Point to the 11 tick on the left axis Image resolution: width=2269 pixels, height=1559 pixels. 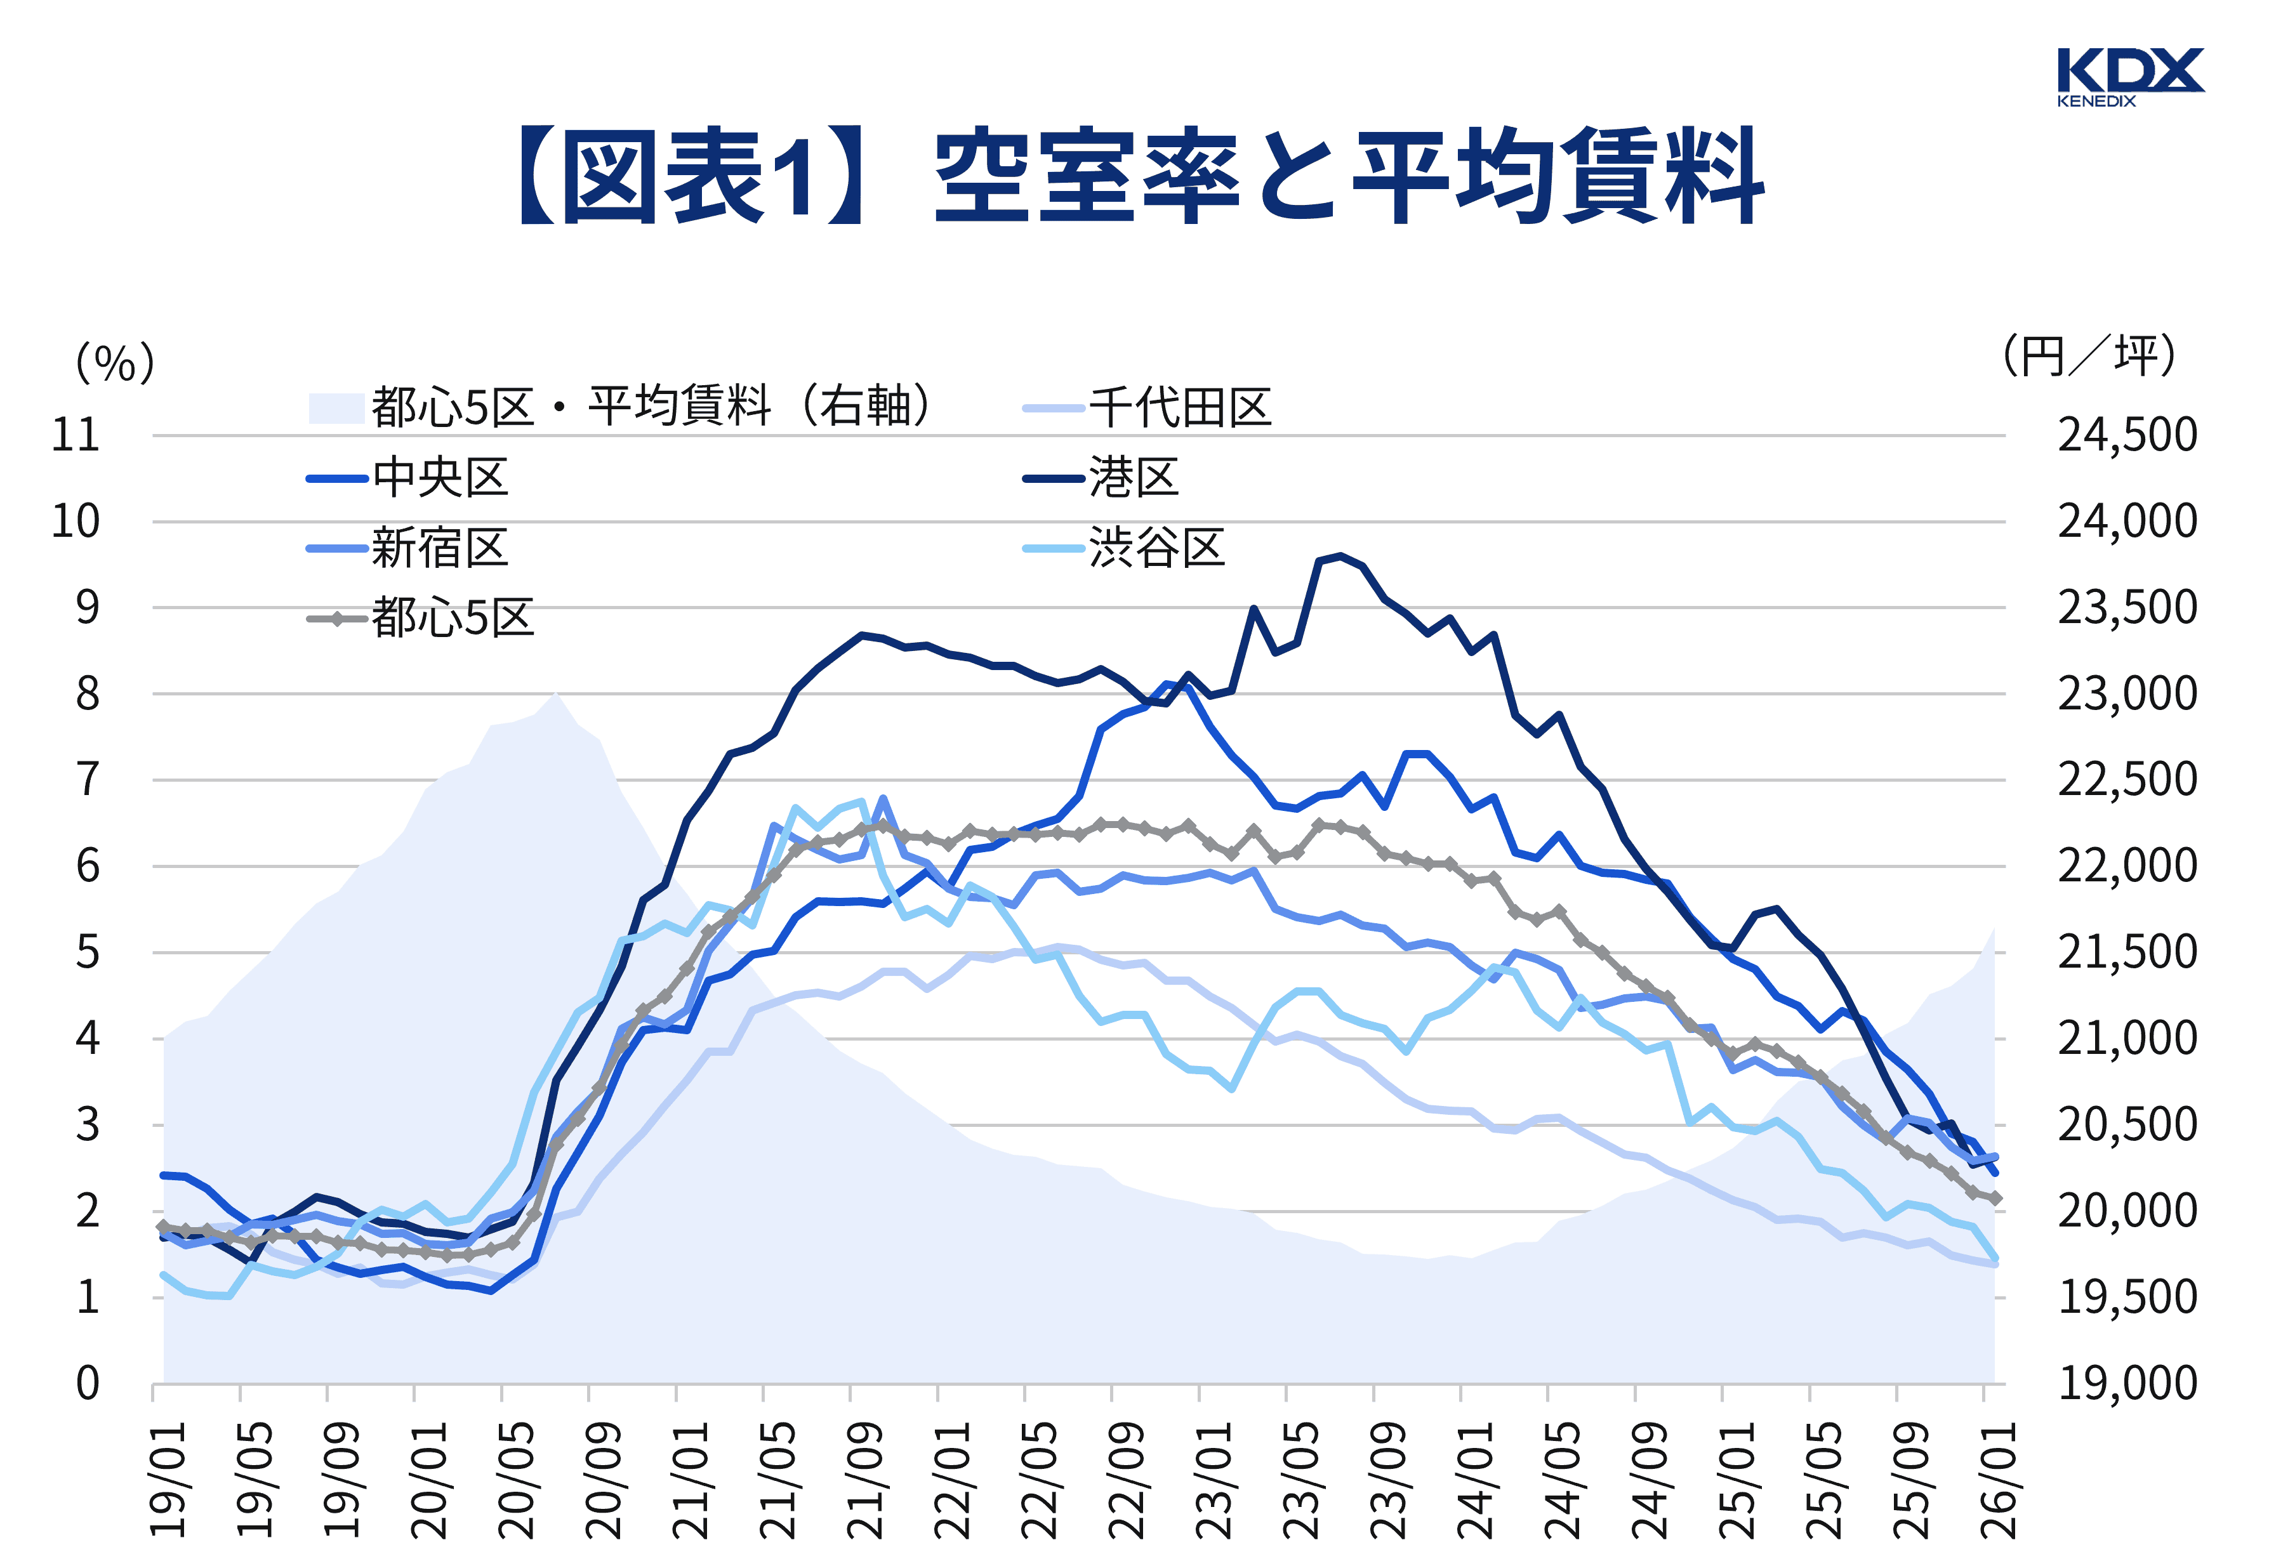[x=76, y=435]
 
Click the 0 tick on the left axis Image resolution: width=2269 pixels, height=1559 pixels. [x=88, y=1383]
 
